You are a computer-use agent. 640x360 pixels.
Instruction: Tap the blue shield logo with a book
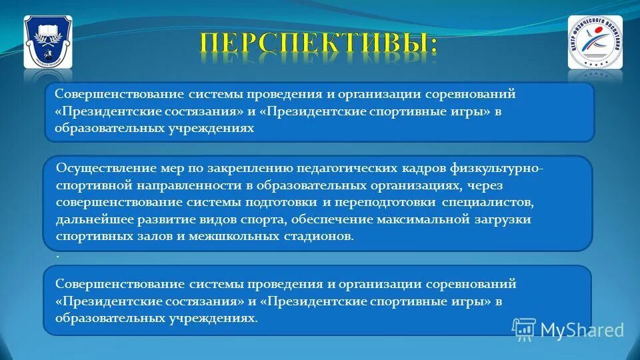pyautogui.click(x=47, y=42)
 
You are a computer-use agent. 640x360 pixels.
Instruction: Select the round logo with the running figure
pyautogui.click(x=595, y=42)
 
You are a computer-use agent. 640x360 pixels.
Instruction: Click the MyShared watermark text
pyautogui.click(x=582, y=330)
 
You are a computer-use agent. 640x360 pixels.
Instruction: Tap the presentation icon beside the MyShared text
pyautogui.click(x=524, y=329)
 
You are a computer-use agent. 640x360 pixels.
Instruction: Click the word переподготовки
pyautogui.click(x=383, y=202)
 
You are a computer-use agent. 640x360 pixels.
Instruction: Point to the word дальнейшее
pyautogui.click(x=91, y=219)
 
